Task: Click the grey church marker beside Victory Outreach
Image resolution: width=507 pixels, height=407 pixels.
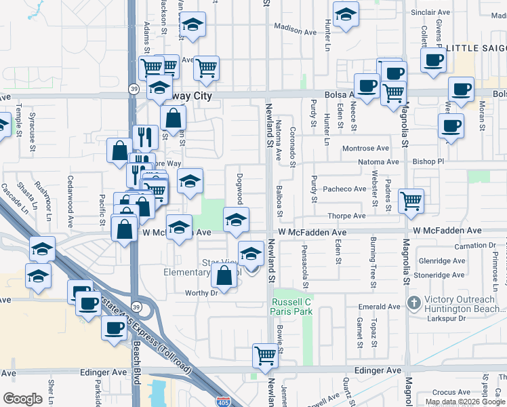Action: pyautogui.click(x=413, y=301)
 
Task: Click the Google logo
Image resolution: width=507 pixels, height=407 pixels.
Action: pyautogui.click(x=22, y=399)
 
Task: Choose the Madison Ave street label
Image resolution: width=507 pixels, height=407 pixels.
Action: pyautogui.click(x=296, y=31)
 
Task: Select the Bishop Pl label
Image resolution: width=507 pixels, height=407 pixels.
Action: pyautogui.click(x=427, y=162)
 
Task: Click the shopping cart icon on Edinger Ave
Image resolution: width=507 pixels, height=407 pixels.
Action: pyautogui.click(x=265, y=355)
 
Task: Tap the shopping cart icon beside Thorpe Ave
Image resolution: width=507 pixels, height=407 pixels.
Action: pyautogui.click(x=411, y=200)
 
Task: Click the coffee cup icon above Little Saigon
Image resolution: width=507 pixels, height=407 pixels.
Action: pyautogui.click(x=433, y=59)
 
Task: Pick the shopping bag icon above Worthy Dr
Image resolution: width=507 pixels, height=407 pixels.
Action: pyautogui.click(x=224, y=275)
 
